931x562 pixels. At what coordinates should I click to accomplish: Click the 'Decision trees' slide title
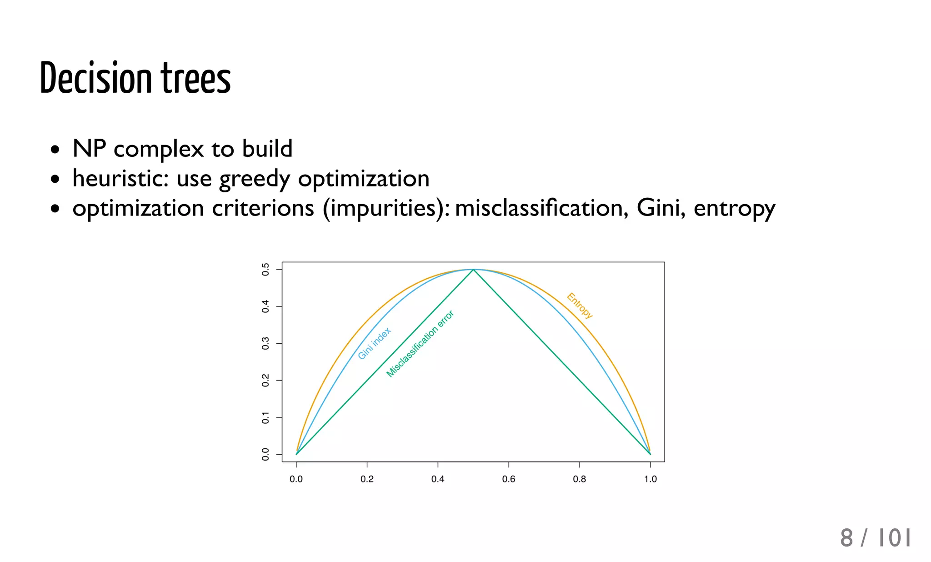(135, 78)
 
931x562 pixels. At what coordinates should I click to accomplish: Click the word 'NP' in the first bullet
(89, 149)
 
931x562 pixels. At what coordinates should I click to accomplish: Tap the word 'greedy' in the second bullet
(254, 179)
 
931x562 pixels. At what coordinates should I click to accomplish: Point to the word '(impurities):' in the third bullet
(386, 208)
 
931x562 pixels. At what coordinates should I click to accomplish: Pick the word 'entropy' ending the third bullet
(734, 209)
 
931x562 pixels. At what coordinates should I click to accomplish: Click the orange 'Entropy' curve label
(580, 305)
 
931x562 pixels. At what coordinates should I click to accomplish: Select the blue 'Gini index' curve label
(374, 343)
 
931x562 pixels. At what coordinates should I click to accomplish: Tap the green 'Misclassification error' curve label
(420, 344)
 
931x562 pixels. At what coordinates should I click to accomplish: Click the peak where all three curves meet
(473, 270)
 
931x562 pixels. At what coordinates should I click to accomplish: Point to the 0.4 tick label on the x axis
(438, 479)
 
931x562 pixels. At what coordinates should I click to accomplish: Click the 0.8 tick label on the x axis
(579, 479)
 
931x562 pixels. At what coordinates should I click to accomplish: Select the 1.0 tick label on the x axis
(650, 479)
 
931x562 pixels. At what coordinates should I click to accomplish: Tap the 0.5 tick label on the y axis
(265, 269)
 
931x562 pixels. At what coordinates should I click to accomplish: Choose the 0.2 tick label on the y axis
(265, 380)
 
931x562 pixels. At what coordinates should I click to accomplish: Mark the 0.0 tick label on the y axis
(265, 454)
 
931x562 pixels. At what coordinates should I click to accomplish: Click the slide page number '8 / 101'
(875, 538)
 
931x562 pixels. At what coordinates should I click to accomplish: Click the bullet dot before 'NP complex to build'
(55, 150)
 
